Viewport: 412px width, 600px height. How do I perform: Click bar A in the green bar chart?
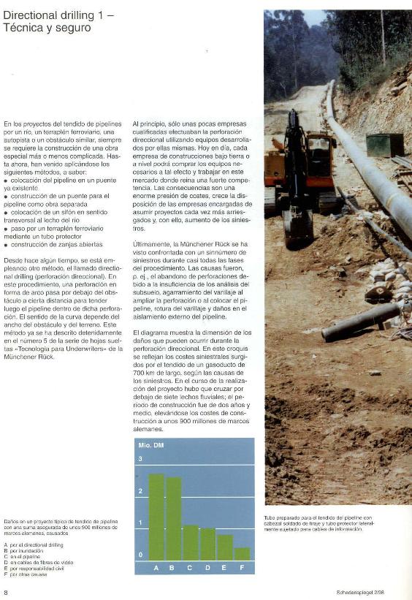156,517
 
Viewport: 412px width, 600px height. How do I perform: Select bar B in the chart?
173,519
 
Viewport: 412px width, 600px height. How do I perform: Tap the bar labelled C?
191,542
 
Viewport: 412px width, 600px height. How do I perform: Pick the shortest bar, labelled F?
242,554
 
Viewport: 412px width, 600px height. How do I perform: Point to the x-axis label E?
225,567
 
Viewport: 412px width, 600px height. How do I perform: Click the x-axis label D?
207,567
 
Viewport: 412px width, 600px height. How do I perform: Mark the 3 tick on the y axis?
141,458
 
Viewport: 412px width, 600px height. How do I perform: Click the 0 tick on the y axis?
141,555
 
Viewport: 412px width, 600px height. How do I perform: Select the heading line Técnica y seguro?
47,28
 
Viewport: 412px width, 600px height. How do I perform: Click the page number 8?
7,592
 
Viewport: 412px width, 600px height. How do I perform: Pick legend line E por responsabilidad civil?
34,569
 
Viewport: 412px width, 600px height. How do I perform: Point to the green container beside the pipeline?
384,144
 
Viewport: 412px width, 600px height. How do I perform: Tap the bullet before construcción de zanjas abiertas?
6,244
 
